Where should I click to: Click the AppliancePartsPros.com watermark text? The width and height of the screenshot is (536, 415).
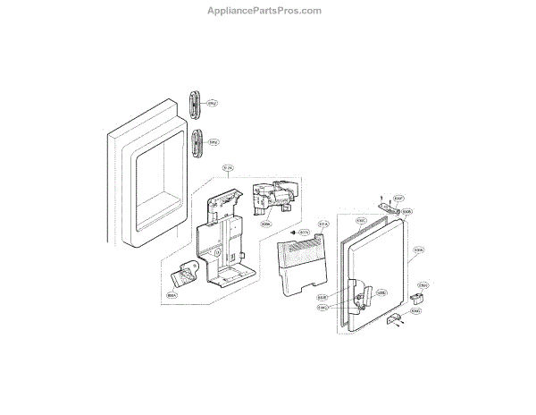click(x=267, y=11)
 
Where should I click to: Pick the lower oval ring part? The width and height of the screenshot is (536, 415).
click(x=195, y=142)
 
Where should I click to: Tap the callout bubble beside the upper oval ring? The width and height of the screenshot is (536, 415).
click(x=213, y=103)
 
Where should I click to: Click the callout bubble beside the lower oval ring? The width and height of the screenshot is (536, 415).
click(x=214, y=141)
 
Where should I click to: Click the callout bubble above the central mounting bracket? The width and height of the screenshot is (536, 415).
click(x=228, y=168)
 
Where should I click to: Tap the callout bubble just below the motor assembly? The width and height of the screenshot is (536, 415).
click(x=266, y=224)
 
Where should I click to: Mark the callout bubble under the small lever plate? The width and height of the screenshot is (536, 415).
click(x=172, y=292)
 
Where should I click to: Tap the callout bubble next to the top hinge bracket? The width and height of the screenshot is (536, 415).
click(x=399, y=198)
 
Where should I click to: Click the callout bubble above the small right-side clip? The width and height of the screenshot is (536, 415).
click(x=424, y=285)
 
